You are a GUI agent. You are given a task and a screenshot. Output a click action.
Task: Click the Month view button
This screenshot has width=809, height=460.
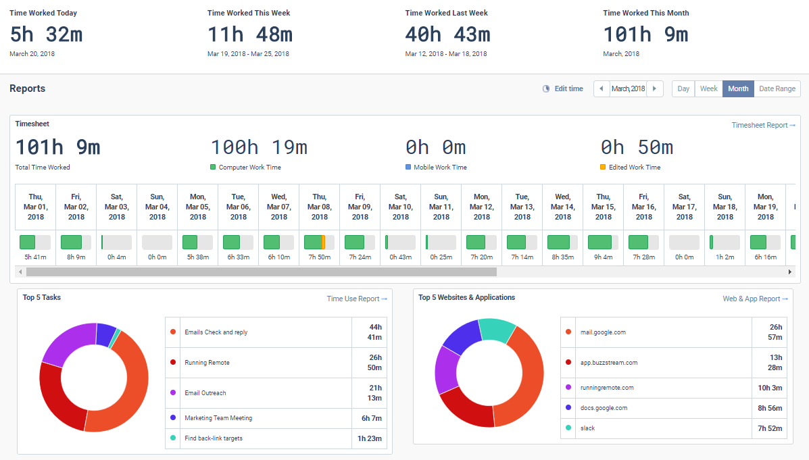(737, 88)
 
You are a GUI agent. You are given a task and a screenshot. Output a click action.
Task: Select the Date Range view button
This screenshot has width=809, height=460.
(777, 88)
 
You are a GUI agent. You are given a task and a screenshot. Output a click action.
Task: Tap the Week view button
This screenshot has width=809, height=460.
(708, 88)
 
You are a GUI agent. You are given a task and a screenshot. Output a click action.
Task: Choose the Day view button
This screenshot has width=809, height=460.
(683, 88)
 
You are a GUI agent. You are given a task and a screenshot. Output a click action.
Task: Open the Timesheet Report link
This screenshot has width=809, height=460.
(763, 125)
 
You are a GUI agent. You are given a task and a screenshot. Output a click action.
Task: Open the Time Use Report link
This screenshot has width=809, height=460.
(357, 299)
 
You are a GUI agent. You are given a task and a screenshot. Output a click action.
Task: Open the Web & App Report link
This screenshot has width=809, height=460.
(755, 299)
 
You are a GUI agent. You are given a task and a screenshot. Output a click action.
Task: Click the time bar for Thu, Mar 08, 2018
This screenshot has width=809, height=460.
(319, 242)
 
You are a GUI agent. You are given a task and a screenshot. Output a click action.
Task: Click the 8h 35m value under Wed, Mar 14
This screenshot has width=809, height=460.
(562, 257)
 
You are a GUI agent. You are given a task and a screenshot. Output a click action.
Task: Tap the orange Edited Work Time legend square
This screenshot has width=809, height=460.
(603, 167)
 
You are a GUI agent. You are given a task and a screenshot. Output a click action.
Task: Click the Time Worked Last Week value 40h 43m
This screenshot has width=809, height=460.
(447, 34)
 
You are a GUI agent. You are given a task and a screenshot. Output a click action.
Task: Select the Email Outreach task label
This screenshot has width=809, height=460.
(205, 393)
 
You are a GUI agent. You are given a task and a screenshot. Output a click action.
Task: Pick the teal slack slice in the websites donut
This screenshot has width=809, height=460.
(498, 329)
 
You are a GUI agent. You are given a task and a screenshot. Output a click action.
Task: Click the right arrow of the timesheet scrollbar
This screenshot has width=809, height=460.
(790, 272)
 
